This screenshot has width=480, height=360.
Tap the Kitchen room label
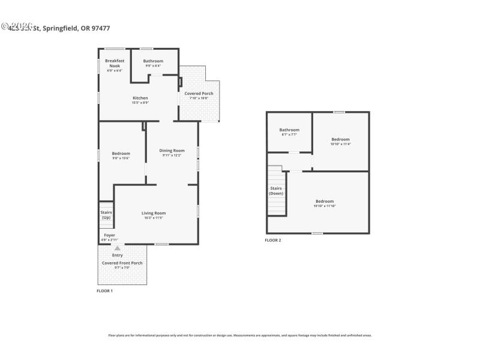tap(140, 98)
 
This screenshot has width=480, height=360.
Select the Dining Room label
tap(172, 151)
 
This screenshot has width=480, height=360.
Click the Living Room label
tap(154, 213)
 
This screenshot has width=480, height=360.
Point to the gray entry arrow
tap(118, 248)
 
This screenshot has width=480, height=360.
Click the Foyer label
tap(109, 235)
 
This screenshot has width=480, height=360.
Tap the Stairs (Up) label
tap(106, 214)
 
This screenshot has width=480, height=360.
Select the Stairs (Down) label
tap(276, 191)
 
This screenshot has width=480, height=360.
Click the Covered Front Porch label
tap(122, 263)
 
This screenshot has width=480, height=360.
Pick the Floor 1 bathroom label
tap(153, 61)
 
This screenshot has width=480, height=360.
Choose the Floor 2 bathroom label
tap(289, 130)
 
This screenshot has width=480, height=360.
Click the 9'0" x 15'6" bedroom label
tap(121, 154)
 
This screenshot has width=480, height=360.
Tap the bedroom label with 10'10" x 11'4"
tap(340, 139)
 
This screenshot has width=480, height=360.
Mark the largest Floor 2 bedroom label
tap(325, 202)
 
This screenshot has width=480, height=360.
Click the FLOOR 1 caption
tap(104, 290)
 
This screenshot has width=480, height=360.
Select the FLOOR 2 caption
tap(272, 240)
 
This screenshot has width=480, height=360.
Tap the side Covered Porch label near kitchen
tap(199, 94)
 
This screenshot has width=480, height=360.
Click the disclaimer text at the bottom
tap(239, 335)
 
